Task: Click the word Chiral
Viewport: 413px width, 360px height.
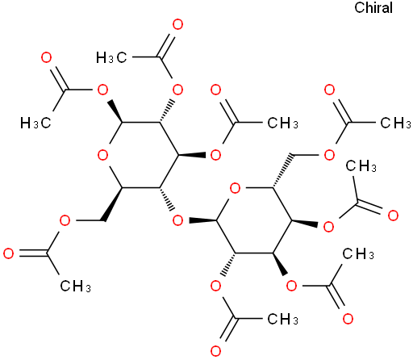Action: coord(373,7)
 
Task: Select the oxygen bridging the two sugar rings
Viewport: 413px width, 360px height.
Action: coord(177,220)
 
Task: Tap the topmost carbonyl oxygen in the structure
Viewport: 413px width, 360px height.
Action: coord(177,24)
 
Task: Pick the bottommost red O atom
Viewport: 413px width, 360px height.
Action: coord(215,351)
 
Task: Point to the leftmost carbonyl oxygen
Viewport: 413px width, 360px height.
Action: coord(8,253)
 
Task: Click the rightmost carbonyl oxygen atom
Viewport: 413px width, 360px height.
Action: coord(393,216)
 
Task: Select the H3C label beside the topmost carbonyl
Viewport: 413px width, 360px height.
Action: coord(111,57)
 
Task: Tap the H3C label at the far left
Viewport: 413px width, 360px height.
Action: coord(35,123)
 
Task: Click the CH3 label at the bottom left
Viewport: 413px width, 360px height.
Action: coord(75,286)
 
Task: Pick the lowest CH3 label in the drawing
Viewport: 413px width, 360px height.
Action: coord(282,319)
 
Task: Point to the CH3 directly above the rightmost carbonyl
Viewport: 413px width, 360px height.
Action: coord(361,166)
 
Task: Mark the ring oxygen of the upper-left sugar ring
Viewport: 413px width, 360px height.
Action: coord(102,155)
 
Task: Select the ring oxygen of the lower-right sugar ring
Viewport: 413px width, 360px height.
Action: coord(235,188)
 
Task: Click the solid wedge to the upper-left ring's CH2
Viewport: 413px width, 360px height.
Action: coord(113,204)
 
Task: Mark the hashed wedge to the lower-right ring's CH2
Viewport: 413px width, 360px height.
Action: coord(282,171)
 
